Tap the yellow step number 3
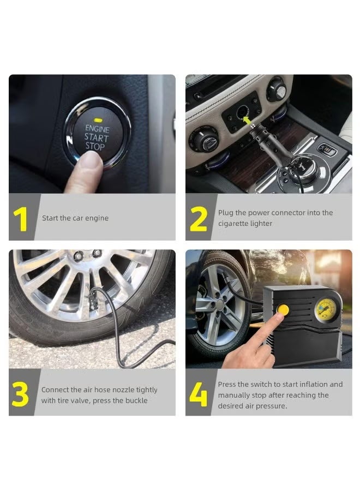pos(20,395)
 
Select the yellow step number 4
pos(198,395)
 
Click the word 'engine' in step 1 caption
pos(97,218)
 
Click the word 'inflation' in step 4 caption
pos(313,385)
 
